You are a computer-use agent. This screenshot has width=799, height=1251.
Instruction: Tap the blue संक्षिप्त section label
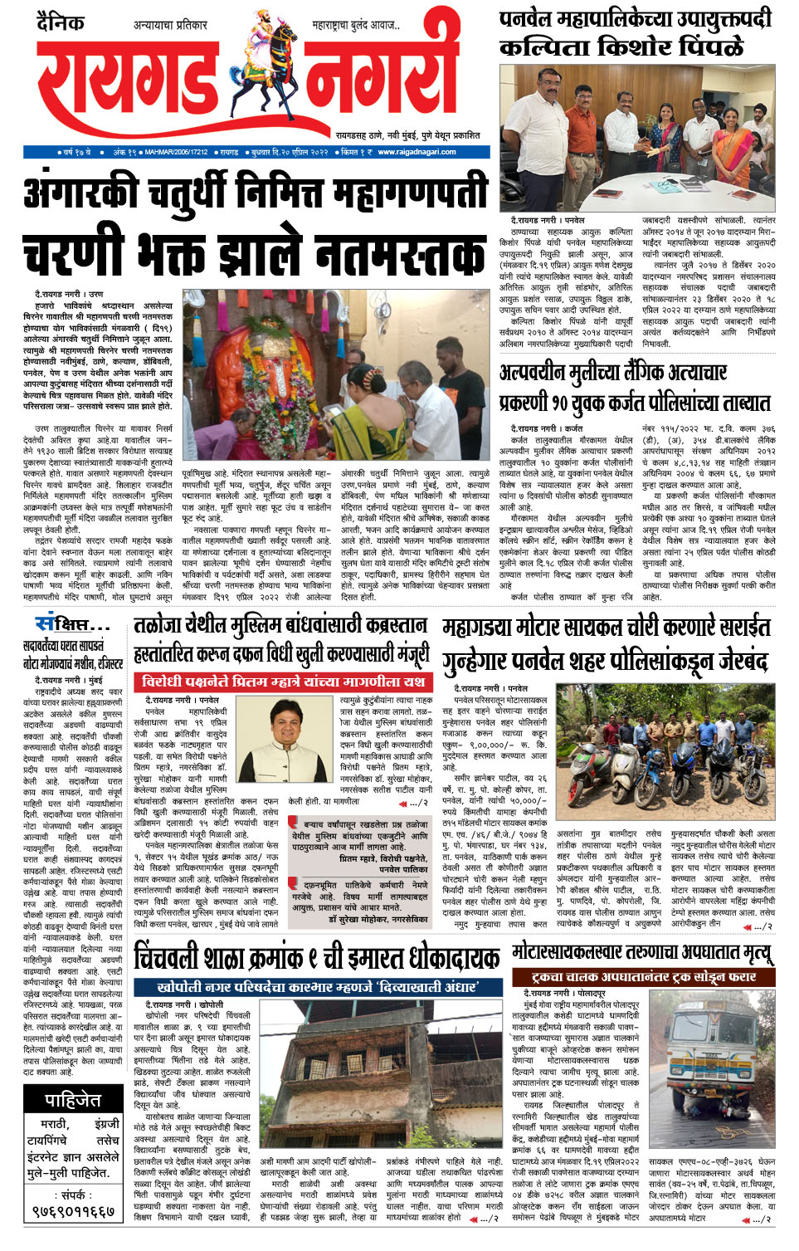[x=66, y=623]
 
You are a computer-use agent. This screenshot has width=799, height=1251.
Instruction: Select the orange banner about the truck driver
[x=646, y=978]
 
